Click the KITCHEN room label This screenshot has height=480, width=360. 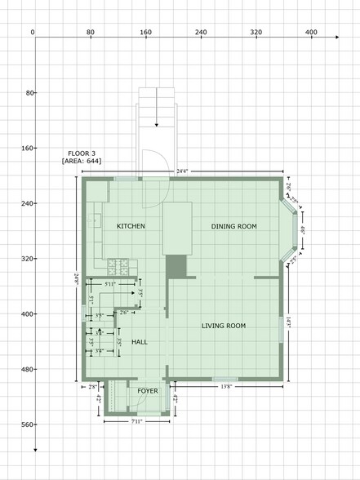tap(131, 226)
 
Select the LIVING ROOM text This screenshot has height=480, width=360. tap(224, 326)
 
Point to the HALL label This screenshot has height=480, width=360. tap(139, 343)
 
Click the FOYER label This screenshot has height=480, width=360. tap(147, 392)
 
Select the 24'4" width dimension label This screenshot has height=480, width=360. tap(182, 171)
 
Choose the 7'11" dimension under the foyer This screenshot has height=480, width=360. tap(137, 421)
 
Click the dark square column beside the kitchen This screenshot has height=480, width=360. tap(176, 266)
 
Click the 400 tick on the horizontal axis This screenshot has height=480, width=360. tap(311, 32)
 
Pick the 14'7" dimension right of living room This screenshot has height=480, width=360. tap(291, 324)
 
